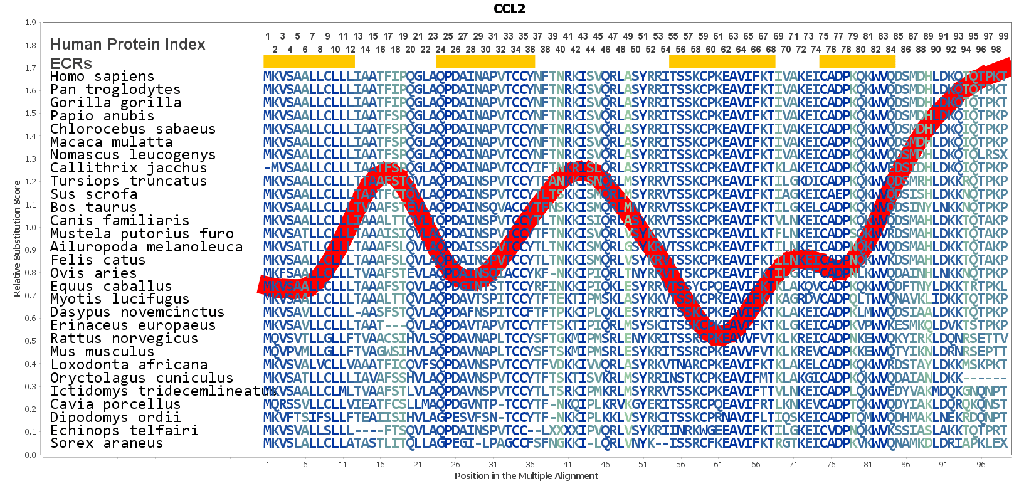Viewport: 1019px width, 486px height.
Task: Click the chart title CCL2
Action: tap(509, 9)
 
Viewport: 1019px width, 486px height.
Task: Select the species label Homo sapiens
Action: tap(102, 77)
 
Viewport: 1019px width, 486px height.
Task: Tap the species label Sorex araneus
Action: tap(107, 443)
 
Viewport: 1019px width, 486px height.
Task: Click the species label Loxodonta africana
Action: tap(129, 365)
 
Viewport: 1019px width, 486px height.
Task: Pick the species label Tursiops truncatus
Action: tap(129, 181)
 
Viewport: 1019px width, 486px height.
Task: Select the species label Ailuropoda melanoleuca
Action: tap(146, 247)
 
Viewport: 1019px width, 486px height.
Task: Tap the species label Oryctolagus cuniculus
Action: tap(142, 378)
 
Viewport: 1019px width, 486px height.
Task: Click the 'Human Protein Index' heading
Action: tap(128, 45)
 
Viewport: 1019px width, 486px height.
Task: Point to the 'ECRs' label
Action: tap(71, 63)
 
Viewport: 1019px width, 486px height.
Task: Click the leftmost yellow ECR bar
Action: tap(309, 61)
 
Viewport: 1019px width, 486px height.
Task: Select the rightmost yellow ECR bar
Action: tap(857, 61)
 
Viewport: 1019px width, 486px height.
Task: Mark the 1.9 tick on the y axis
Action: tap(30, 23)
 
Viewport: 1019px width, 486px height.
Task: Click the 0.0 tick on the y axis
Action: tap(30, 455)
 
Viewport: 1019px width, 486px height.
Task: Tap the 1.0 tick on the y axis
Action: tap(30, 227)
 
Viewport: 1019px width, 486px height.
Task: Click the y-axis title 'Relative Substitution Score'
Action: tap(17, 238)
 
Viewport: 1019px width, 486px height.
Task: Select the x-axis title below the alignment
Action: tap(526, 476)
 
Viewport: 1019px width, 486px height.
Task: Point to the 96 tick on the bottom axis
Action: tap(981, 465)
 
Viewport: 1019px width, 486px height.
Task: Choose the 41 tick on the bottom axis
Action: tap(568, 465)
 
